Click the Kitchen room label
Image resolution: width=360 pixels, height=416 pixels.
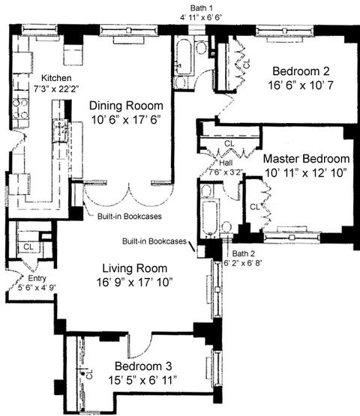pos(56,78)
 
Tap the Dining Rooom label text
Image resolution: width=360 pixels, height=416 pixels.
pos(126,106)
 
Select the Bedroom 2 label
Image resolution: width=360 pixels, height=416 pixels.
pos(301,71)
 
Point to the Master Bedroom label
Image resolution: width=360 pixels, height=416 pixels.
pos(306,159)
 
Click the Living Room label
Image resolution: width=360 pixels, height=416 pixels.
pos(135,268)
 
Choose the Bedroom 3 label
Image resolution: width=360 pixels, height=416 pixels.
pos(143,367)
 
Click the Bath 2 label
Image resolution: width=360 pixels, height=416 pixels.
pos(244,253)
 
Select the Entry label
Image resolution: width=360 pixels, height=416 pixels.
pos(37,278)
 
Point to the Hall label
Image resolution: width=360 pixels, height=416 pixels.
pos(226,163)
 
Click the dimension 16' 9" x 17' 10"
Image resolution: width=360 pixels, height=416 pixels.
pos(134,283)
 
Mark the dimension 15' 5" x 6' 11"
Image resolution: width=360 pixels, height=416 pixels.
pos(142,381)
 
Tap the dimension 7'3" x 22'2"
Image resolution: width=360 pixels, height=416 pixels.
pos(56,88)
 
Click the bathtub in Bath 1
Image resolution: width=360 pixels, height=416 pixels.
pos(184,56)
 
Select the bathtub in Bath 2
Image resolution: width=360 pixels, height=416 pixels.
pos(210,217)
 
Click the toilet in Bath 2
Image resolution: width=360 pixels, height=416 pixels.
pos(226,226)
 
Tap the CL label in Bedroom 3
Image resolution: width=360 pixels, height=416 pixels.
pos(89,374)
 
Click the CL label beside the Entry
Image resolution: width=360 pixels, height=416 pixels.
pos(28,247)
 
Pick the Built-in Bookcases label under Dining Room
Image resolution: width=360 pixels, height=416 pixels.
pos(130,216)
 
